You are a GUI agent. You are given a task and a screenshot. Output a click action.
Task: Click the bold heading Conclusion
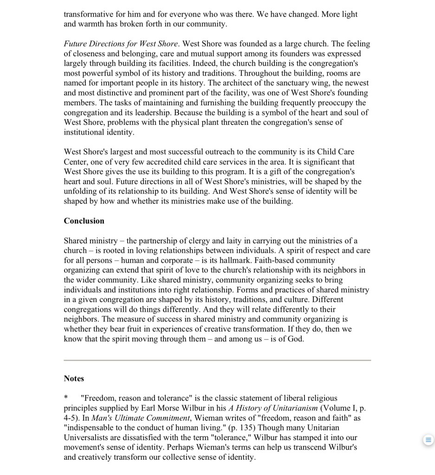[x=84, y=221]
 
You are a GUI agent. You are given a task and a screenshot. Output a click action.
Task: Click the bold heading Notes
[x=74, y=378]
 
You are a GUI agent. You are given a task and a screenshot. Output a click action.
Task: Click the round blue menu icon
[x=428, y=440]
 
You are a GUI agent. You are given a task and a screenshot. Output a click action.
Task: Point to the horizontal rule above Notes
[x=217, y=360]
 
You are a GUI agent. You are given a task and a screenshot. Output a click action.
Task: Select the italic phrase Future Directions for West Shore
[x=121, y=44]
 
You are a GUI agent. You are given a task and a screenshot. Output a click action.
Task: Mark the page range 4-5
[x=71, y=418]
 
